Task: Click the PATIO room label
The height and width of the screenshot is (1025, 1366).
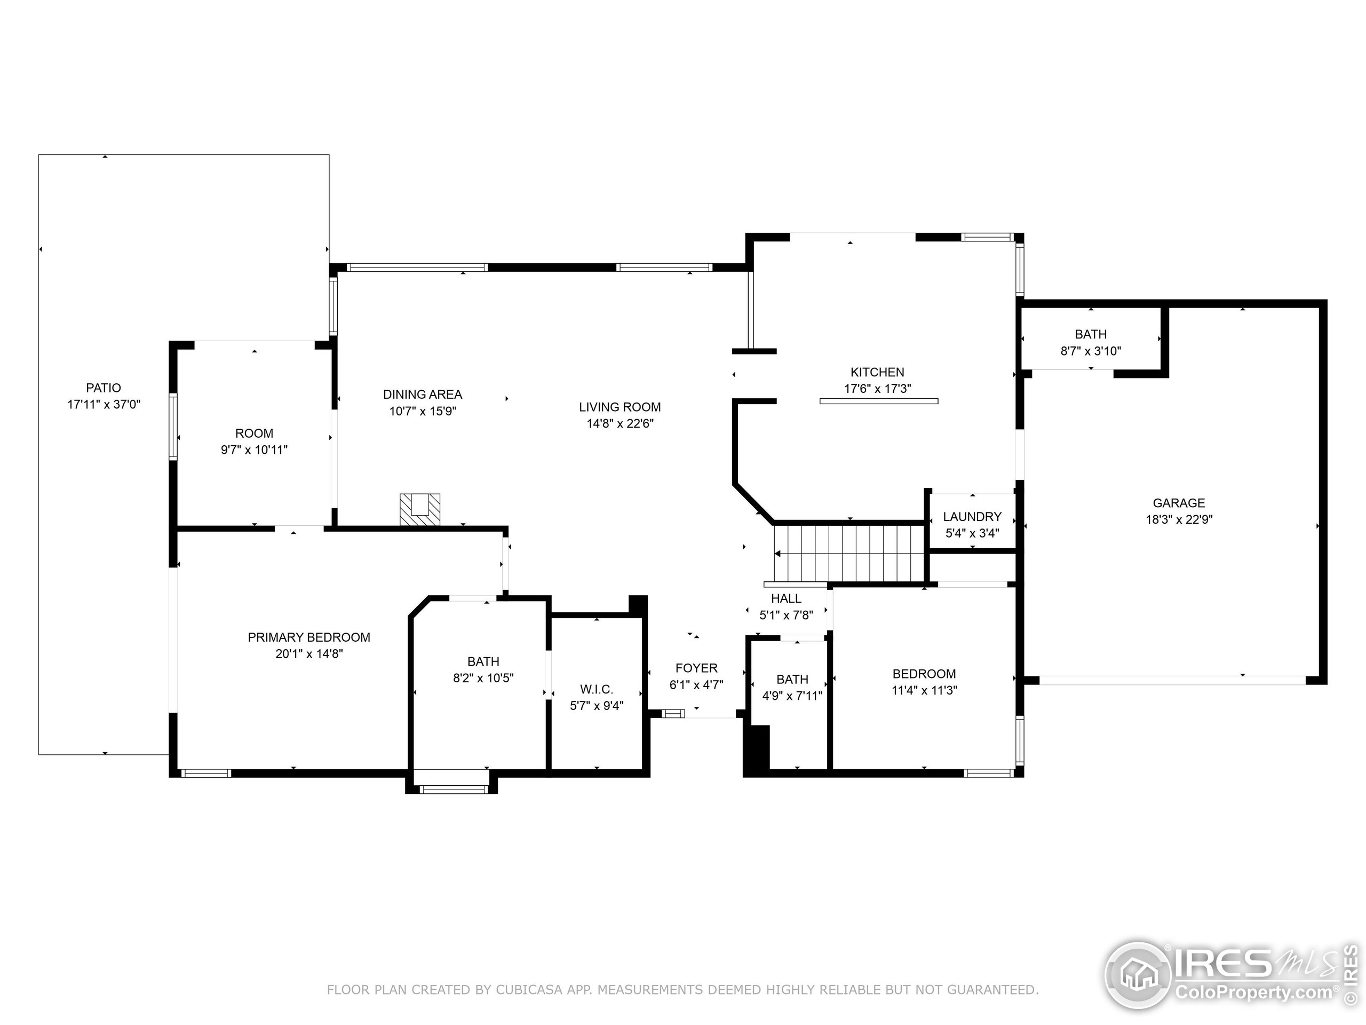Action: coord(103,388)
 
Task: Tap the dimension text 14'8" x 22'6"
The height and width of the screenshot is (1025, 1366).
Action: coord(620,424)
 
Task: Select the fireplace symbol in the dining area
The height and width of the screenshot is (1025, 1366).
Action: coord(420,509)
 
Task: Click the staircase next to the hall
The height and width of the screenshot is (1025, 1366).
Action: coord(849,553)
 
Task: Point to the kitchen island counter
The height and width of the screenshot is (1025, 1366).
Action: coord(878,401)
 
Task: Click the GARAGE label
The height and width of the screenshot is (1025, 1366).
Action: coord(1178,503)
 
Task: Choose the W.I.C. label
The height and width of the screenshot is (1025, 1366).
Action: coord(596,689)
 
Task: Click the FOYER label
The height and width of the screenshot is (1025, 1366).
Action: coord(696,668)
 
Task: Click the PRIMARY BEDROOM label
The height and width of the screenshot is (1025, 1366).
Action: coord(309,637)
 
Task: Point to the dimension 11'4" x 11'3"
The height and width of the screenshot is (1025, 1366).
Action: coord(924,691)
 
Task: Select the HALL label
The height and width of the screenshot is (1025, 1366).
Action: coord(785,598)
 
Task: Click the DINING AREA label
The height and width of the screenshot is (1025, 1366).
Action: coord(423,394)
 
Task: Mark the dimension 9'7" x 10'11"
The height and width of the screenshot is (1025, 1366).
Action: coord(254,451)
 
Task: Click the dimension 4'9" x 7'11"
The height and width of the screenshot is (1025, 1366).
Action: coord(792,696)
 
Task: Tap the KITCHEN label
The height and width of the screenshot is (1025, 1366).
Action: coord(877,372)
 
